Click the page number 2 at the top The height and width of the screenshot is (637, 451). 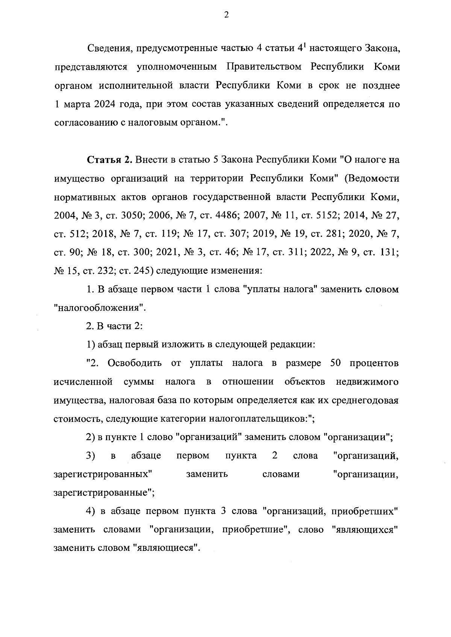pyautogui.click(x=225, y=15)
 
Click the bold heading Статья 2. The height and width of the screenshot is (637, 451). pyautogui.click(x=110, y=160)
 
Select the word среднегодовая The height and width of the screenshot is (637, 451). pyautogui.click(x=364, y=400)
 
